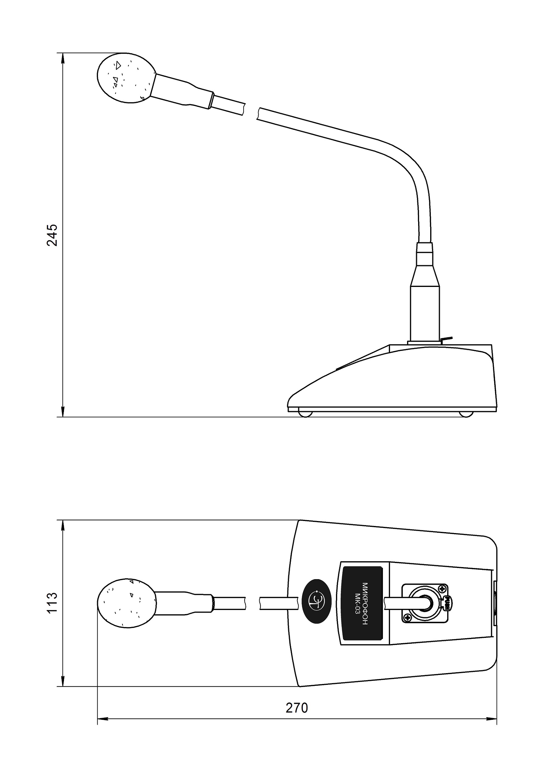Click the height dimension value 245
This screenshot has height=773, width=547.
point(52,235)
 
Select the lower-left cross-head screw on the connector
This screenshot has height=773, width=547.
point(408,618)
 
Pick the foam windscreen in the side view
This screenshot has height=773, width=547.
point(126,78)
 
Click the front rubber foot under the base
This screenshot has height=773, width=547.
point(305,414)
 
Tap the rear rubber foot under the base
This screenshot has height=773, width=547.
point(466,414)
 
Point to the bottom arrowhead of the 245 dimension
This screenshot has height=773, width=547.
point(63,412)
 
